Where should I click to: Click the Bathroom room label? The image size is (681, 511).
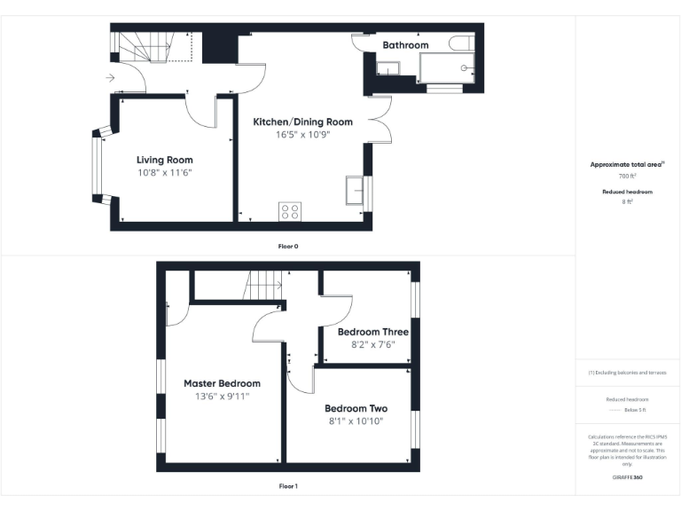(x=405, y=45)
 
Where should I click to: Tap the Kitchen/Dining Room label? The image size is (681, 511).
(x=302, y=122)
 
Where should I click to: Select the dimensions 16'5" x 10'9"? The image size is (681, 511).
(x=302, y=136)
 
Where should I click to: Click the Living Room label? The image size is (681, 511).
(x=164, y=160)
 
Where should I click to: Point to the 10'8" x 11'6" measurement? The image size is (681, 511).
(x=164, y=172)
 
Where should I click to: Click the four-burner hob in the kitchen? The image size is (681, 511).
(x=290, y=211)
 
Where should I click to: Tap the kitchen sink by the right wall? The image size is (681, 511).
(x=356, y=190)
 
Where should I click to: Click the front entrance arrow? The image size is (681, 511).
(x=109, y=78)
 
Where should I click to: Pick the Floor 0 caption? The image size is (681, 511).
(x=287, y=246)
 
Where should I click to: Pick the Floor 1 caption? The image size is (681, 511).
(x=288, y=486)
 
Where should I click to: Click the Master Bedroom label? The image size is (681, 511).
(x=222, y=383)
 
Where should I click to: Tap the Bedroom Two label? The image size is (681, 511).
(x=356, y=409)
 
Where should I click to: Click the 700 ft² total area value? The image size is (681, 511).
(x=627, y=177)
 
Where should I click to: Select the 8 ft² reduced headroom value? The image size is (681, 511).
(x=627, y=202)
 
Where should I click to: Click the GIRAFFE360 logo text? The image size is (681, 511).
(x=627, y=478)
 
